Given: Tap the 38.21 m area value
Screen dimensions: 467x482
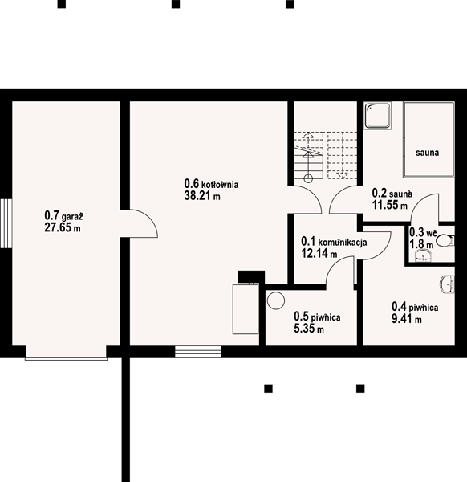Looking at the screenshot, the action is (202, 195).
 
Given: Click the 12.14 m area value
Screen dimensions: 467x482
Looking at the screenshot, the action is (319, 253).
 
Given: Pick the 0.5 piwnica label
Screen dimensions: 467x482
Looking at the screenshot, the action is (317, 317).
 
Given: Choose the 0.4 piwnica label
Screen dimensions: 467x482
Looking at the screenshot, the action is (415, 307).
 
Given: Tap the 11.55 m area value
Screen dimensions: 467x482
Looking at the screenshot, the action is (390, 205).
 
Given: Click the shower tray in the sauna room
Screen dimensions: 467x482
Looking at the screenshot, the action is (378, 115).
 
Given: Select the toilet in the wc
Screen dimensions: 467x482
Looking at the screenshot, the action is (445, 241).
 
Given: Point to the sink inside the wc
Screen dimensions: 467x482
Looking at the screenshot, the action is (423, 255).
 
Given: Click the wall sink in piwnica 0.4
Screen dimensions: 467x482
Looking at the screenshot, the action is (448, 284).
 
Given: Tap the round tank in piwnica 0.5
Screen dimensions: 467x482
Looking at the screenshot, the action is (276, 300).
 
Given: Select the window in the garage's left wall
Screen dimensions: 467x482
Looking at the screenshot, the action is (6, 223).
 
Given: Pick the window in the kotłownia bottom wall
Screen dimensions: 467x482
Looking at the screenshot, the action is (198, 352).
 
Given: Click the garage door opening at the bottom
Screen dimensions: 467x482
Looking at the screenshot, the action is (66, 353).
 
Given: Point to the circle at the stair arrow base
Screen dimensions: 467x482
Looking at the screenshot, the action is (308, 178).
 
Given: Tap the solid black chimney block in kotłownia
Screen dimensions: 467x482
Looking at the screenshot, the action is (251, 276).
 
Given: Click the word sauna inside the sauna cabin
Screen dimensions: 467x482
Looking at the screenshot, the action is (427, 153).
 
